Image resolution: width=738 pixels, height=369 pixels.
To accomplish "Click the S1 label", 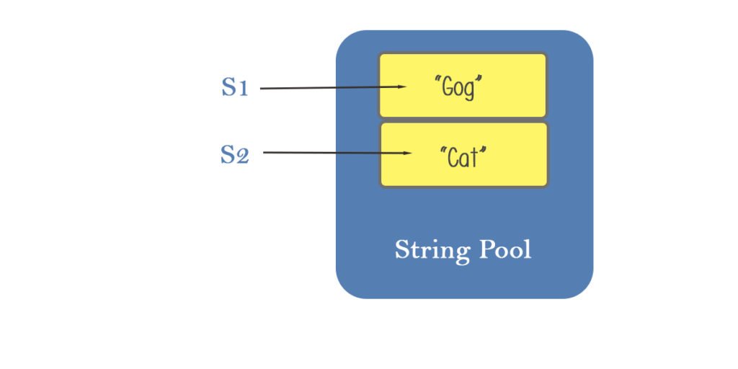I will (234, 88).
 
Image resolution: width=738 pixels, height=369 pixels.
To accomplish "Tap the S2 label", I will (234, 154).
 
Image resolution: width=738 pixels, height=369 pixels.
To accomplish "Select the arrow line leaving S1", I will (324, 88).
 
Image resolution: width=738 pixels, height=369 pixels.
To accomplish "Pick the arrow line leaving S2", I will (328, 153).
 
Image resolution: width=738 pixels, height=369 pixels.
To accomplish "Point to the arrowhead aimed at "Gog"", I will (401, 87).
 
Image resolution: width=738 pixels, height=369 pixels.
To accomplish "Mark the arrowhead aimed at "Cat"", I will (406, 153).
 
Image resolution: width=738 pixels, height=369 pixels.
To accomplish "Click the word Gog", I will (458, 89).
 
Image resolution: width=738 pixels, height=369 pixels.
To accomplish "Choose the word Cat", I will (463, 156).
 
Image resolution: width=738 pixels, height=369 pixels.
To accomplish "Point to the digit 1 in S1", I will (243, 89).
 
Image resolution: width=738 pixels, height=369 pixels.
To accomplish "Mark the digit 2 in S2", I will (243, 156).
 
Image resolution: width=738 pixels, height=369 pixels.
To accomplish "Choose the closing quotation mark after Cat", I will (483, 148).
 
